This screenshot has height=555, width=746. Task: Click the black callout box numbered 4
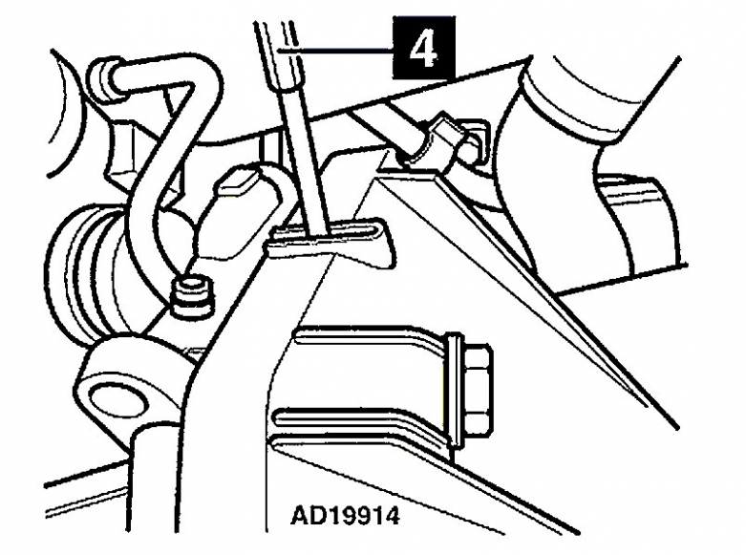424,48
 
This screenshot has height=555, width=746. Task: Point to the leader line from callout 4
335,50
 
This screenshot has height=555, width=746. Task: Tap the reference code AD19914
345,516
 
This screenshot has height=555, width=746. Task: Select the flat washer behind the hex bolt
455,390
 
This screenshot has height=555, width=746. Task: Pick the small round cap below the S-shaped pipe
192,297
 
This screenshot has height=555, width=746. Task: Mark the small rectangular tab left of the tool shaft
235,182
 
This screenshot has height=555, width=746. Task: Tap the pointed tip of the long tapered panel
676,427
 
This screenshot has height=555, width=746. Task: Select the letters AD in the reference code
307,516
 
